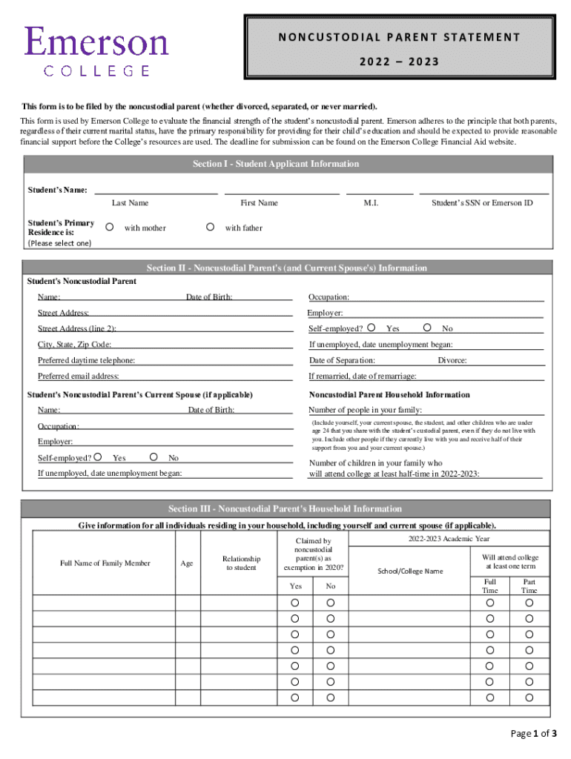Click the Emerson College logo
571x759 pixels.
(x=96, y=50)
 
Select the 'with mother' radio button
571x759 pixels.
(x=108, y=228)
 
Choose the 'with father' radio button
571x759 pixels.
(x=210, y=228)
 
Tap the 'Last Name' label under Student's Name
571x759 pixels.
(x=130, y=203)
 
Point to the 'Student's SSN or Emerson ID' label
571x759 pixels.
(x=482, y=203)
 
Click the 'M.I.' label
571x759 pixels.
(x=372, y=203)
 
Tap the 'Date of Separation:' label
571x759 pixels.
(x=342, y=360)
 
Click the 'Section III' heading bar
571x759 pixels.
(x=285, y=509)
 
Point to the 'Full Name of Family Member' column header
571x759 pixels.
(x=105, y=563)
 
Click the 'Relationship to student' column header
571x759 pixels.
(x=241, y=563)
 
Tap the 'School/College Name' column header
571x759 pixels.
(x=410, y=571)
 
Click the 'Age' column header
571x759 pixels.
(x=187, y=563)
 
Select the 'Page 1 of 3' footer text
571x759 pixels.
(x=534, y=734)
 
